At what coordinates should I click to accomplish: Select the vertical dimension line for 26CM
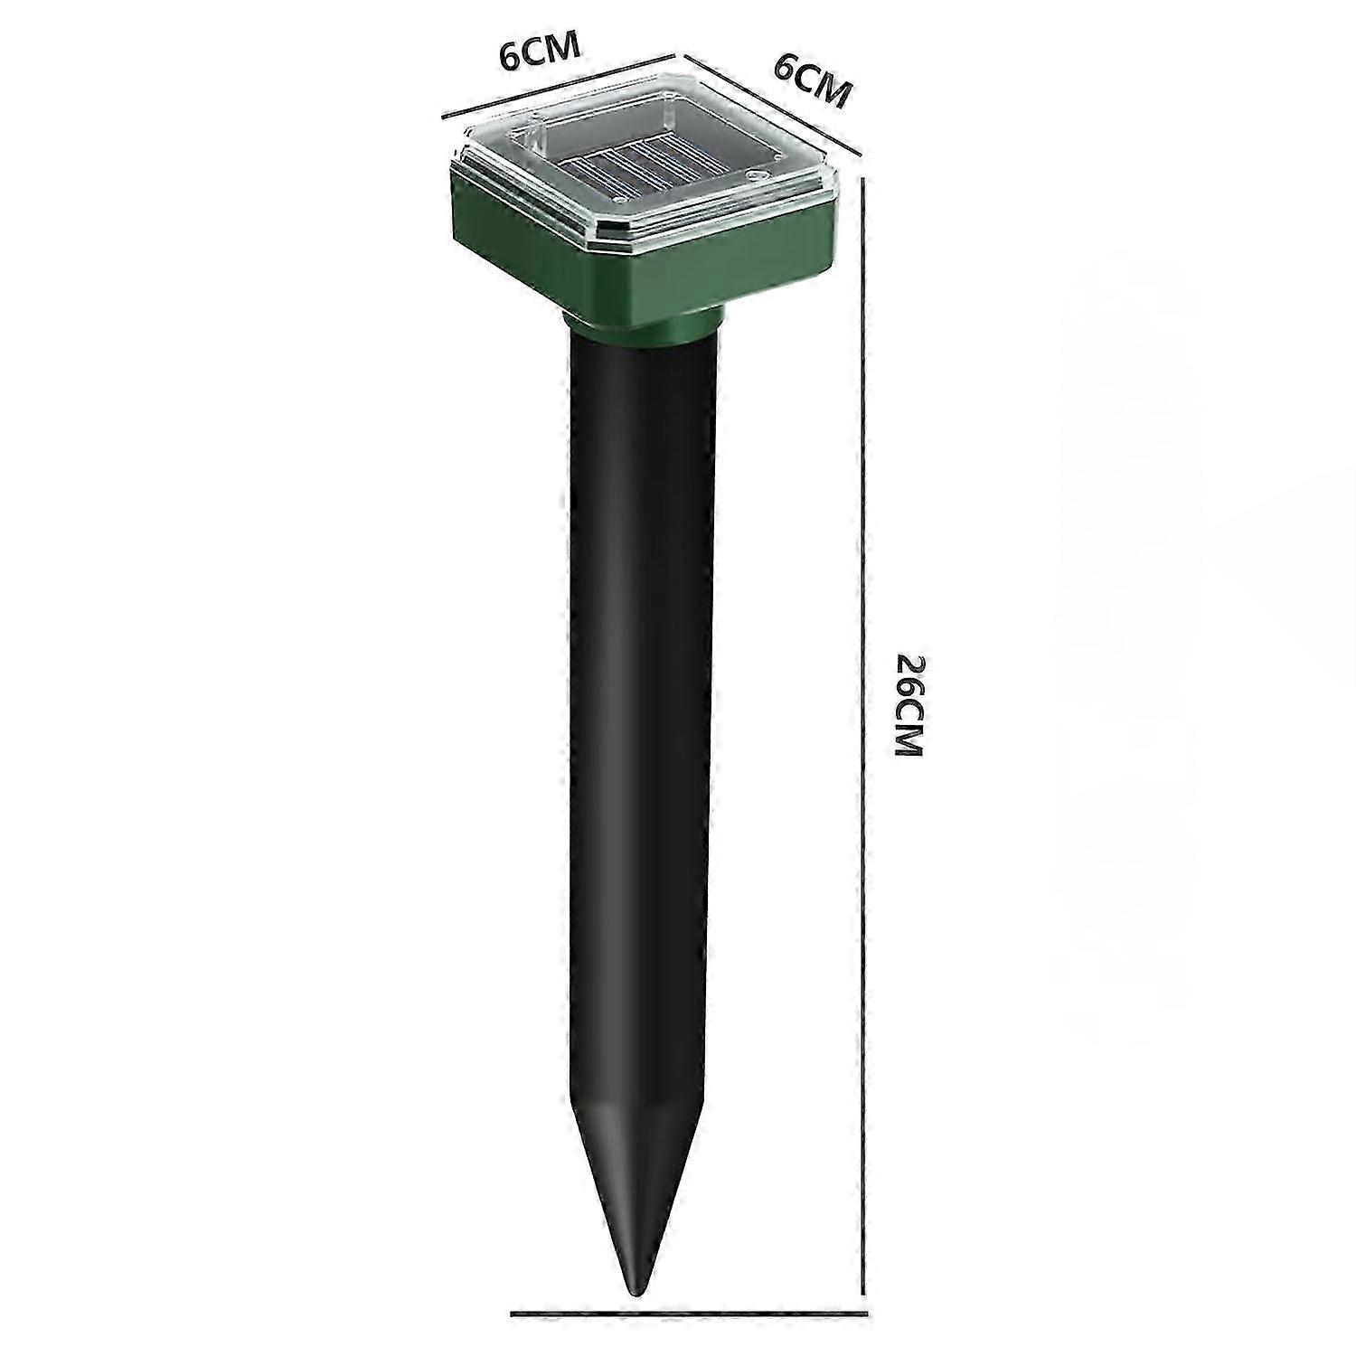point(867,731)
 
